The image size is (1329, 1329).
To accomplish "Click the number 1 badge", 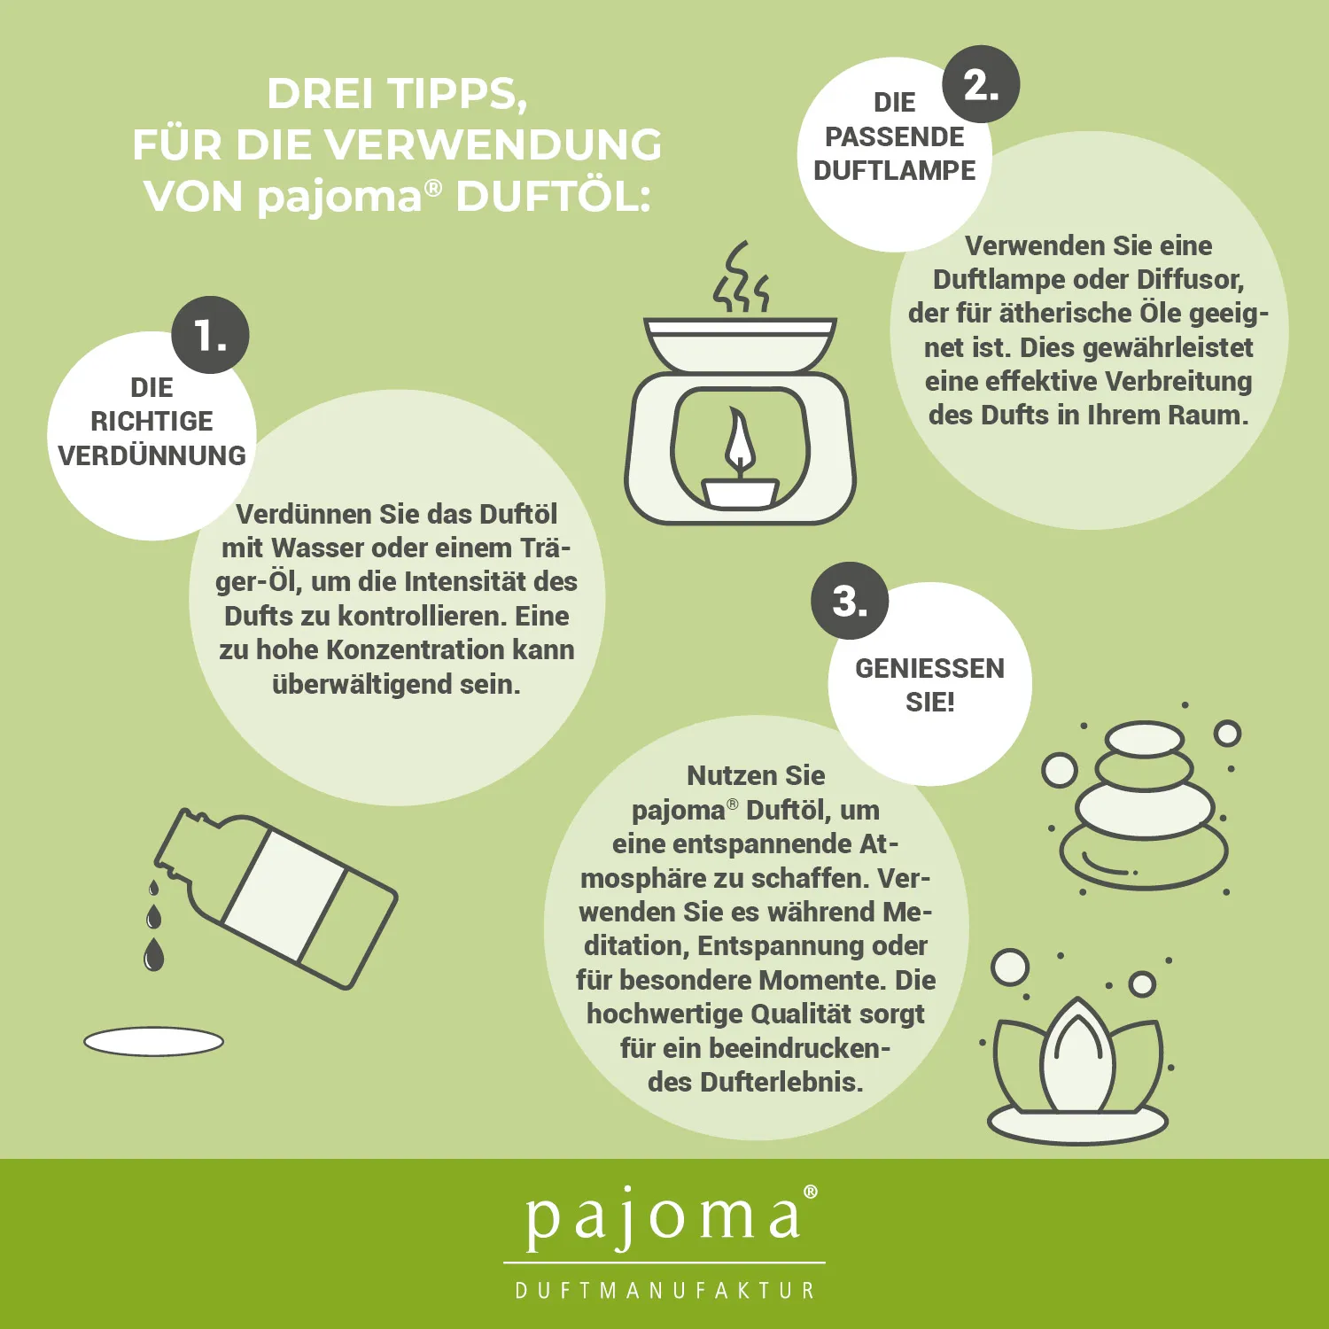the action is click(x=210, y=335).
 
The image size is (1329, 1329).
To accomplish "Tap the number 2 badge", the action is click(x=981, y=84).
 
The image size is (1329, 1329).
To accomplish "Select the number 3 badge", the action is click(x=850, y=601).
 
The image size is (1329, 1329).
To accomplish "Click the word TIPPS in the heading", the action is click(x=459, y=94).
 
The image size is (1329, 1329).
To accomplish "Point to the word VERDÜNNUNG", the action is click(x=152, y=455).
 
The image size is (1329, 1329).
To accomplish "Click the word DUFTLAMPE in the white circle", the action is click(x=895, y=170).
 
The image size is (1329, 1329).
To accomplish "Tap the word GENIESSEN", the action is click(x=929, y=668).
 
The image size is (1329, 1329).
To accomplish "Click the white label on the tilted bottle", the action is click(x=284, y=895).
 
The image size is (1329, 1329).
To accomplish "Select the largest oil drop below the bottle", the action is click(x=154, y=954).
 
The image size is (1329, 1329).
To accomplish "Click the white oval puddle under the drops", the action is click(x=153, y=1042).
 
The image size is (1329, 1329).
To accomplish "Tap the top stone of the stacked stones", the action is click(x=1145, y=738).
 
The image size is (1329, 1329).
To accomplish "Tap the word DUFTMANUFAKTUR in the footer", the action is click(x=664, y=1290).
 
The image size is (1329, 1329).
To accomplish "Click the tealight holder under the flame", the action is click(x=740, y=493).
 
